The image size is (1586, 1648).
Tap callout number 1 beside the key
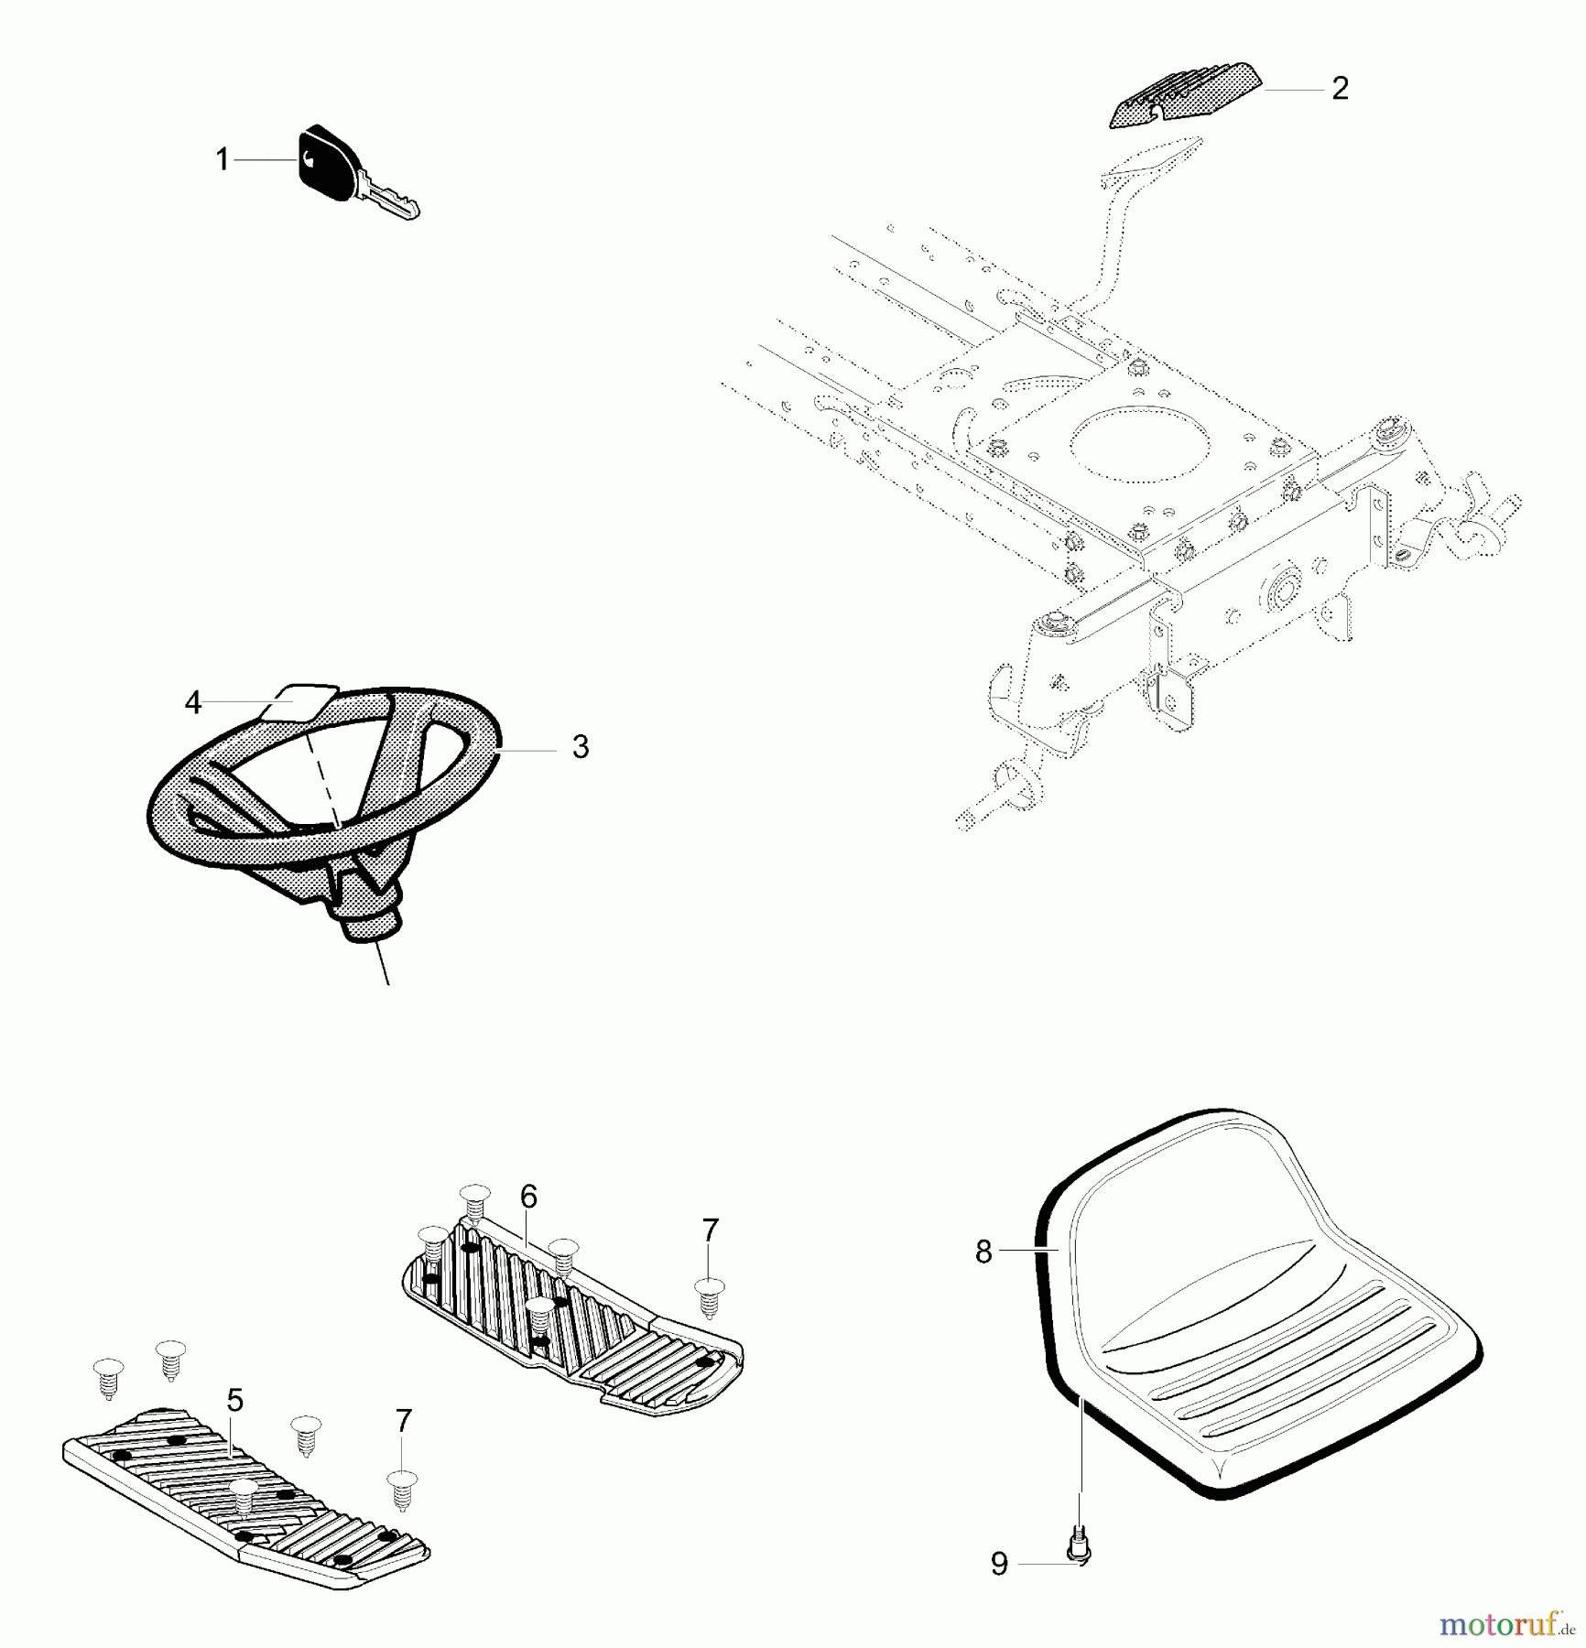point(222,159)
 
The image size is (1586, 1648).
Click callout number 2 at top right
point(1340,89)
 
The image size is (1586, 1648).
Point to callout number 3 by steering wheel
point(580,746)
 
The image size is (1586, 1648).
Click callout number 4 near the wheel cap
point(192,702)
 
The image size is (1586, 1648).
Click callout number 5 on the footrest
point(235,1400)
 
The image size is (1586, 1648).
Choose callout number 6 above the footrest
point(528,1196)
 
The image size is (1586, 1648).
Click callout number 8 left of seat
point(983,1252)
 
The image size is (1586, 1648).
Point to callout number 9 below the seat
point(999,1564)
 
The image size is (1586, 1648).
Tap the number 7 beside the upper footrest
point(711,1231)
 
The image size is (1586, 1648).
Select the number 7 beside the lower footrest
point(403,1420)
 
